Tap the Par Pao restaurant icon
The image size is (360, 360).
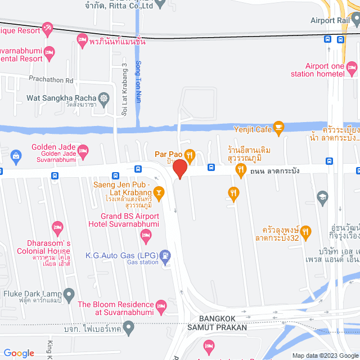pos(190,154)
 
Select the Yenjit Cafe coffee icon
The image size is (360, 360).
pos(278,129)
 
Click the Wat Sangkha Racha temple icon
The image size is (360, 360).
pos(105,98)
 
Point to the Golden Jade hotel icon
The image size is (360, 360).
pos(83,150)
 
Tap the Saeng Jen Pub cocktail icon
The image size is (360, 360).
pos(159,193)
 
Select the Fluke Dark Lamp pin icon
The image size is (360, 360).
pos(69,294)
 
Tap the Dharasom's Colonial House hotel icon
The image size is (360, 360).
pos(57,228)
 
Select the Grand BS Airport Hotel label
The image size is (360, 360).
pos(130,220)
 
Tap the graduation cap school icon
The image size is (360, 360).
pos(322,196)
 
